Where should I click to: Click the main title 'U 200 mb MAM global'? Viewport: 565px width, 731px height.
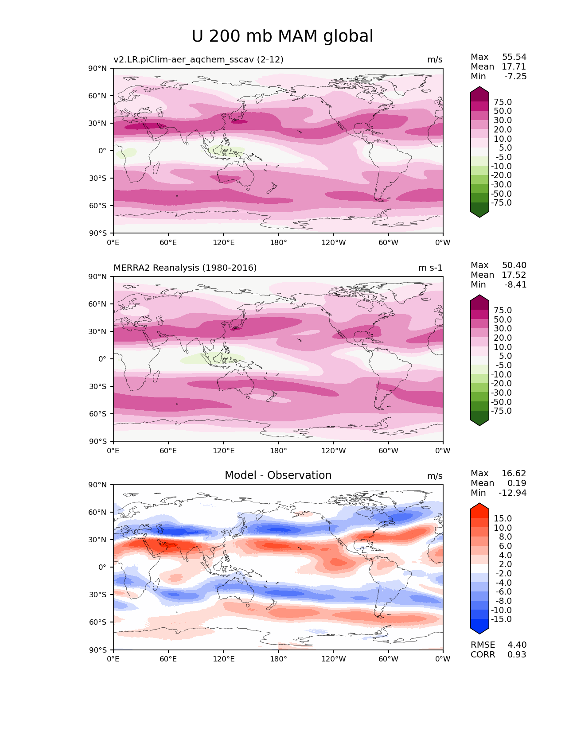coord(282,36)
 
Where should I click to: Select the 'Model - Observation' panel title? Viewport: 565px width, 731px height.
coord(278,475)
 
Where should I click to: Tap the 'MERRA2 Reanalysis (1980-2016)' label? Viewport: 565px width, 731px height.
coord(185,268)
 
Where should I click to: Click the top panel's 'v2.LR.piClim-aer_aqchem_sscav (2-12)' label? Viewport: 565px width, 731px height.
coord(199,60)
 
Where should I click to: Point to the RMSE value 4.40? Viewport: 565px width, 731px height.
coord(517,645)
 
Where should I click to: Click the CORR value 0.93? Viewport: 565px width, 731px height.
coord(517,655)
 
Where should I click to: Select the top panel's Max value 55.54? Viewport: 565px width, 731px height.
coord(514,57)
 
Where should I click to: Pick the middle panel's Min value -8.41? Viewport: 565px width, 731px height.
coord(515,285)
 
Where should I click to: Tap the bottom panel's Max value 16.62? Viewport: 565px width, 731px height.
coord(514,474)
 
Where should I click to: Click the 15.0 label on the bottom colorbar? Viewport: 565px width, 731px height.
coord(503,519)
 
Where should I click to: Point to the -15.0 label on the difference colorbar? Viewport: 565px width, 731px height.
coord(501,619)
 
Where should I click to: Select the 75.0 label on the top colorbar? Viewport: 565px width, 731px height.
coord(503,102)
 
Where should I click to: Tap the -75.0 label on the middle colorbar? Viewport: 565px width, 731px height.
coord(501,411)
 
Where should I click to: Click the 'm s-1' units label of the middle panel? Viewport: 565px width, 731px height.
coord(430,268)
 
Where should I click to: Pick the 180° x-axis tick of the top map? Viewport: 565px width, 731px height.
coord(278,242)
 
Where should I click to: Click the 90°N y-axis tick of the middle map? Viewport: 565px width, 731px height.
coord(98,277)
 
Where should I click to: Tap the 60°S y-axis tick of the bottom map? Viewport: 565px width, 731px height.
coord(98,622)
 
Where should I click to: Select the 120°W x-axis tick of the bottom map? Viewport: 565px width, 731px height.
coord(333,659)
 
